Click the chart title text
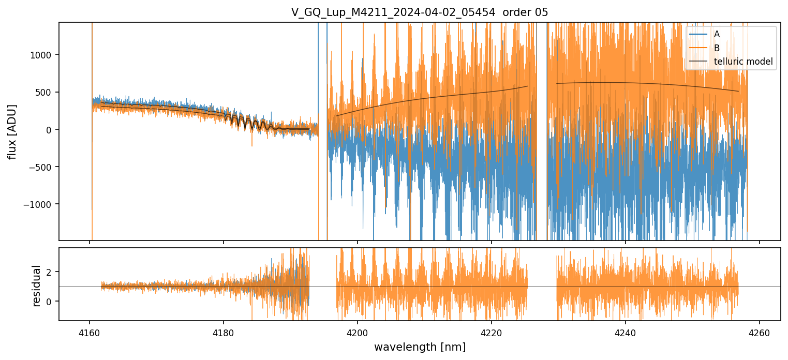point(420,12)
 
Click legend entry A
point(717,34)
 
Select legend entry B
point(717,48)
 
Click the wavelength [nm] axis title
point(420,347)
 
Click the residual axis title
point(36,286)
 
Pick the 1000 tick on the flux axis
point(43,55)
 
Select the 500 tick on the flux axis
point(46,92)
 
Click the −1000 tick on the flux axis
point(41,204)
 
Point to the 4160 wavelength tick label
point(90,333)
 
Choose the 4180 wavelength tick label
point(224,333)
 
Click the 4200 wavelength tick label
point(358,333)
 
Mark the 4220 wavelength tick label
point(492,333)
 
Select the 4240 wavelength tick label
point(626,333)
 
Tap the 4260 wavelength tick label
point(760,333)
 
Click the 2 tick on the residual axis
point(51,272)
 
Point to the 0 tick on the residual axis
point(51,301)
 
